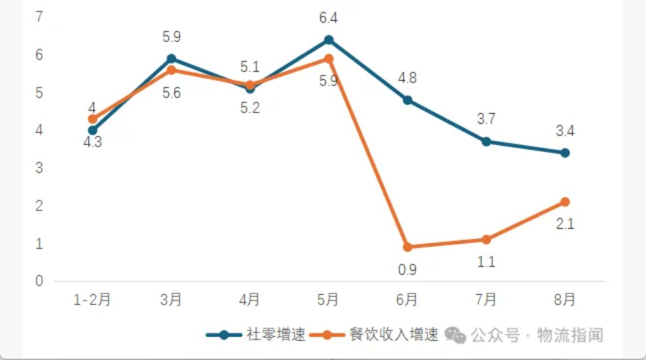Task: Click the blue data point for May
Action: [328, 40]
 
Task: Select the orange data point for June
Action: [407, 247]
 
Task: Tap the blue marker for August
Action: [565, 153]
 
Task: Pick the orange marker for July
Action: [486, 239]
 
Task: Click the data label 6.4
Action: [328, 18]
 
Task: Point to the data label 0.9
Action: [407, 270]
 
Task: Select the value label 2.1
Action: [565, 224]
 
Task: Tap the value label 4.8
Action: [407, 79]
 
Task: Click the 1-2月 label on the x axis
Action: [92, 300]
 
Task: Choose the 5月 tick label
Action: [328, 300]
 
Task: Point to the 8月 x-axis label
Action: [565, 300]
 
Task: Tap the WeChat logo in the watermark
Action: [455, 335]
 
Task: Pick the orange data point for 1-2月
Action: [92, 119]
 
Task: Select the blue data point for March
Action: [171, 59]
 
